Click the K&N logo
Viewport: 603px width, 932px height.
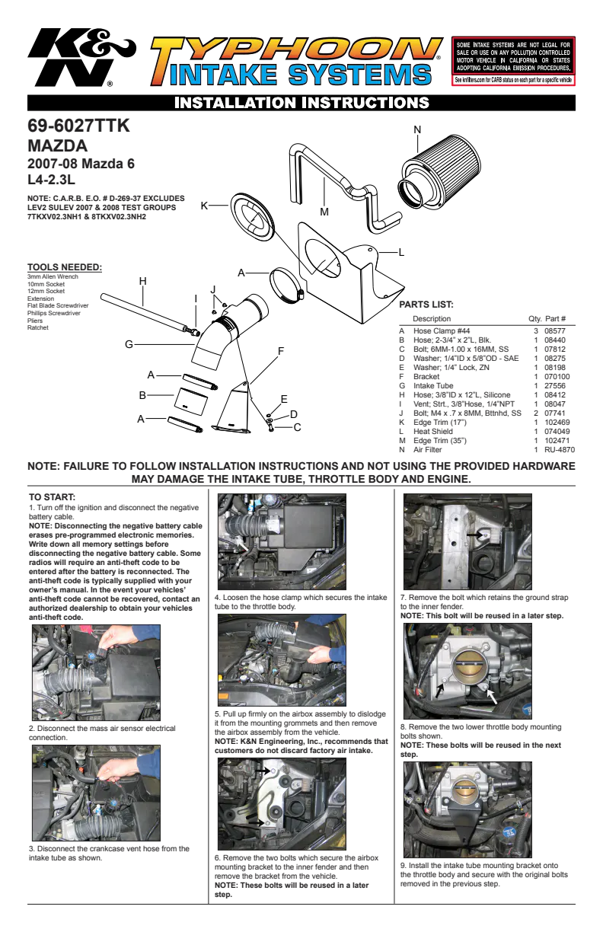(x=81, y=56)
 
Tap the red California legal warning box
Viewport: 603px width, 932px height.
(x=513, y=61)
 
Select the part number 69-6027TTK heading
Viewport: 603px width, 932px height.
(x=78, y=126)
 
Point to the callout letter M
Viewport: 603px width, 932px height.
(x=324, y=212)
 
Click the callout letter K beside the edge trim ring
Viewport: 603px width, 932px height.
(x=204, y=206)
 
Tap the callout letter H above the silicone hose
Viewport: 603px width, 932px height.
(x=142, y=281)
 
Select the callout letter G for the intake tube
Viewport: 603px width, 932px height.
(x=129, y=344)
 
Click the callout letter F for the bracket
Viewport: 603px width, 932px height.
(x=281, y=351)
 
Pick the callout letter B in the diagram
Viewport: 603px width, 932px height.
(x=142, y=395)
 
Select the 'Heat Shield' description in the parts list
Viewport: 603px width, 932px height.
(x=432, y=432)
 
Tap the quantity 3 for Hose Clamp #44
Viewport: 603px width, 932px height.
(x=536, y=330)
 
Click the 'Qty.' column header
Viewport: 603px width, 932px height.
(x=535, y=319)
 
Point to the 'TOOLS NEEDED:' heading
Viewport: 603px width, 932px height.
(x=65, y=267)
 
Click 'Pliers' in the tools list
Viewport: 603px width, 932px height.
(x=35, y=321)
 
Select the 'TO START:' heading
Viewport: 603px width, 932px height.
(x=52, y=497)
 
